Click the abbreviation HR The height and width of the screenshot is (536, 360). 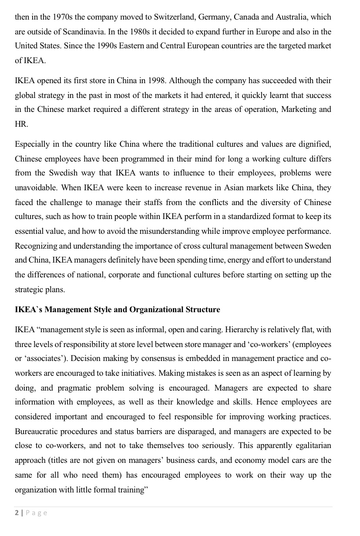[21, 124]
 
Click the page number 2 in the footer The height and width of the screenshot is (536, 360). [17, 513]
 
